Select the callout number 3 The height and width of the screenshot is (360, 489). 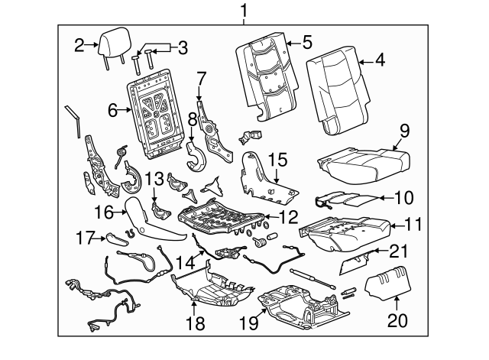click(x=181, y=47)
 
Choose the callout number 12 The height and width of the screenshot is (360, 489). click(x=287, y=217)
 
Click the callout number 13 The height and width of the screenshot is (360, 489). click(x=154, y=179)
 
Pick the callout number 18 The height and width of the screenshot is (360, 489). click(x=196, y=323)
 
